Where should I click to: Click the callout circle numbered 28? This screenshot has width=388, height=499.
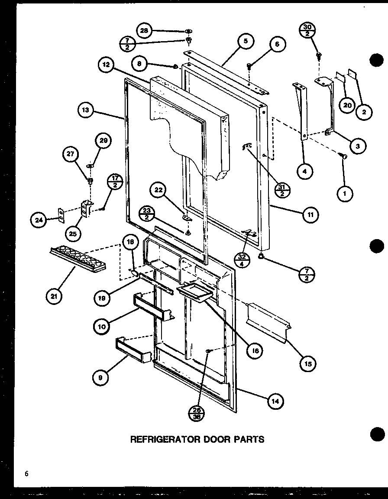[x=145, y=30]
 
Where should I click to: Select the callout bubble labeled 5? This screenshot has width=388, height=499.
[x=245, y=42]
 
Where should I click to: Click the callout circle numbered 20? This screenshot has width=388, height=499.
[x=346, y=105]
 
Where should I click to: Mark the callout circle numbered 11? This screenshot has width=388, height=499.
[x=310, y=215]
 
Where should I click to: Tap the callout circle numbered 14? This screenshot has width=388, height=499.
[x=275, y=402]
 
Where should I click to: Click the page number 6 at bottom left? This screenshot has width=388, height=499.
[x=26, y=474]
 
